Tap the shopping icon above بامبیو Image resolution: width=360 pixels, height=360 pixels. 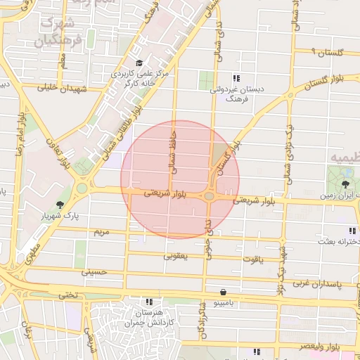tap(223, 292)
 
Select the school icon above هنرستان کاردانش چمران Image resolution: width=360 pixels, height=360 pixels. tap(148, 301)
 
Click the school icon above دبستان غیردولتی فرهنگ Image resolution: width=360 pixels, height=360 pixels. tap(236, 78)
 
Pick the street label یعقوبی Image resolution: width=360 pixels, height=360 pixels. tap(176, 257)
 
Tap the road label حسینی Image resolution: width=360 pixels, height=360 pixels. tap(93, 271)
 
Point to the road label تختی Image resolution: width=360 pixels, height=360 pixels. tap(66, 295)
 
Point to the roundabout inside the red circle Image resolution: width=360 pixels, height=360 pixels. tap(210, 196)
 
